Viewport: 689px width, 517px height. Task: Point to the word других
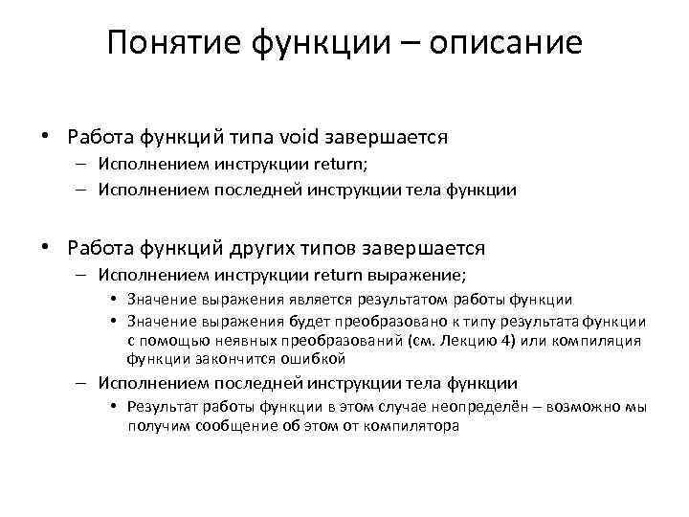click(270, 248)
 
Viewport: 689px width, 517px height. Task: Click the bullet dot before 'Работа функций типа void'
click(45, 137)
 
